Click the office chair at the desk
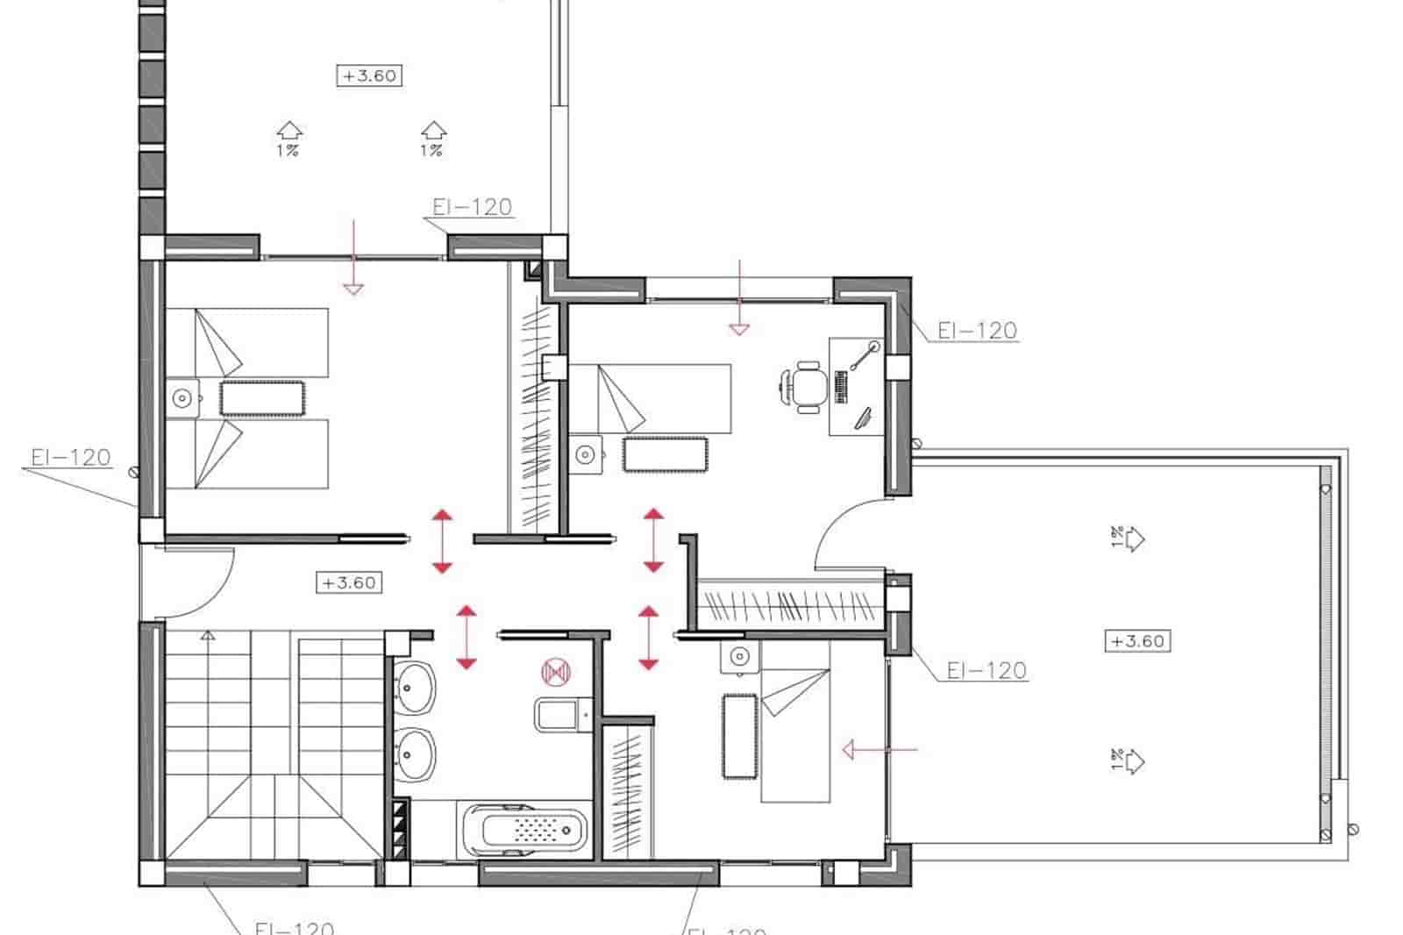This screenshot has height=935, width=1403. (805, 385)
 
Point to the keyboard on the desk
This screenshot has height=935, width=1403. (842, 386)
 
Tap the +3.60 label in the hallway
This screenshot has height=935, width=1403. (348, 582)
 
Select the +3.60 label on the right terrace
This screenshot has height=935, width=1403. (1136, 641)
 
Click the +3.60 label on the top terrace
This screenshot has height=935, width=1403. (369, 75)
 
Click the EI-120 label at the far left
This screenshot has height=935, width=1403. (70, 457)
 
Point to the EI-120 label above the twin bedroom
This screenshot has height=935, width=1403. (472, 207)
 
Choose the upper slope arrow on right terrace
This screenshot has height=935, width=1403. (1133, 538)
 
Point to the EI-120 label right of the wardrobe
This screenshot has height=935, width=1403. (986, 670)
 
